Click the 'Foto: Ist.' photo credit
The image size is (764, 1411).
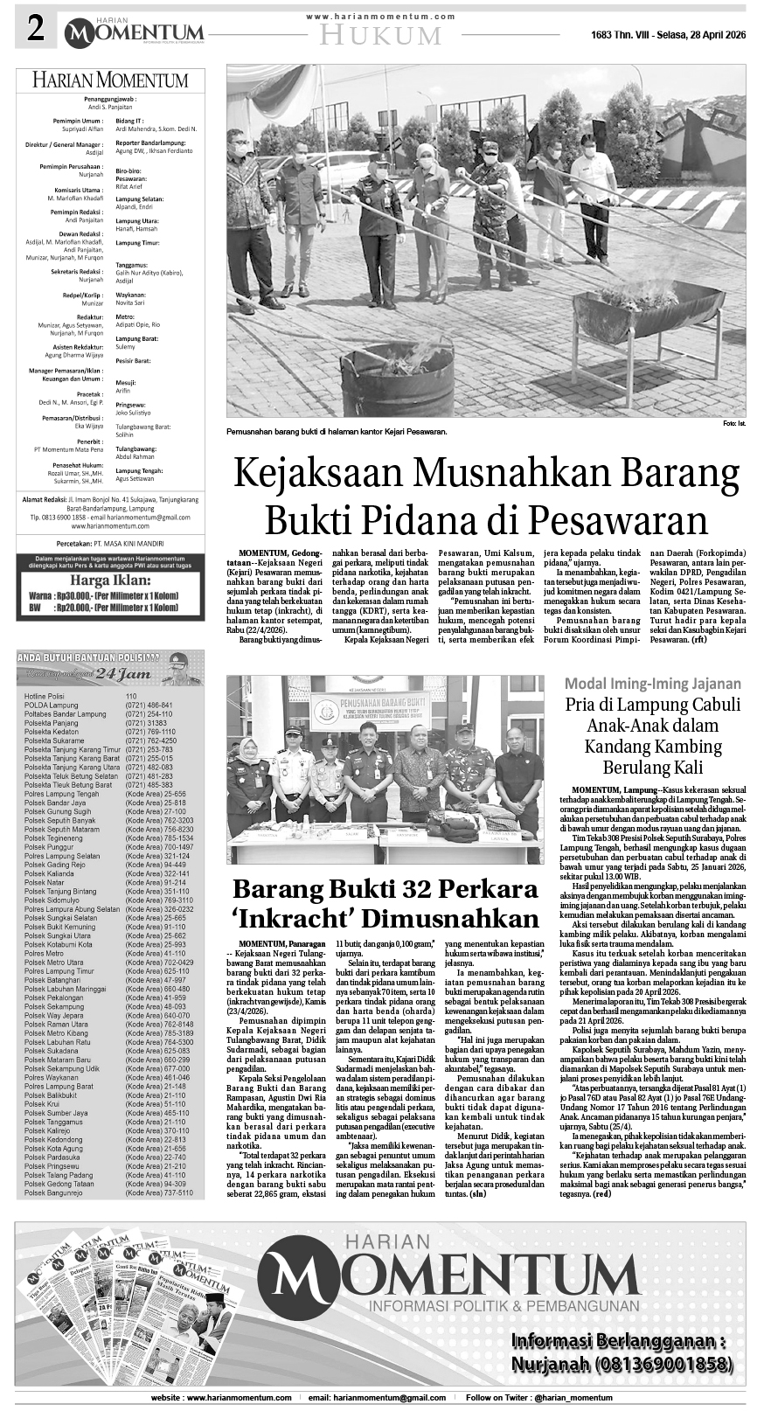click(734, 424)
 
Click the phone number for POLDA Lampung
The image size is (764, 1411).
click(148, 705)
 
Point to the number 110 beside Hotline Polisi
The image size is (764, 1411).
click(131, 696)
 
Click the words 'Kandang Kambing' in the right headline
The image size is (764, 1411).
click(653, 747)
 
